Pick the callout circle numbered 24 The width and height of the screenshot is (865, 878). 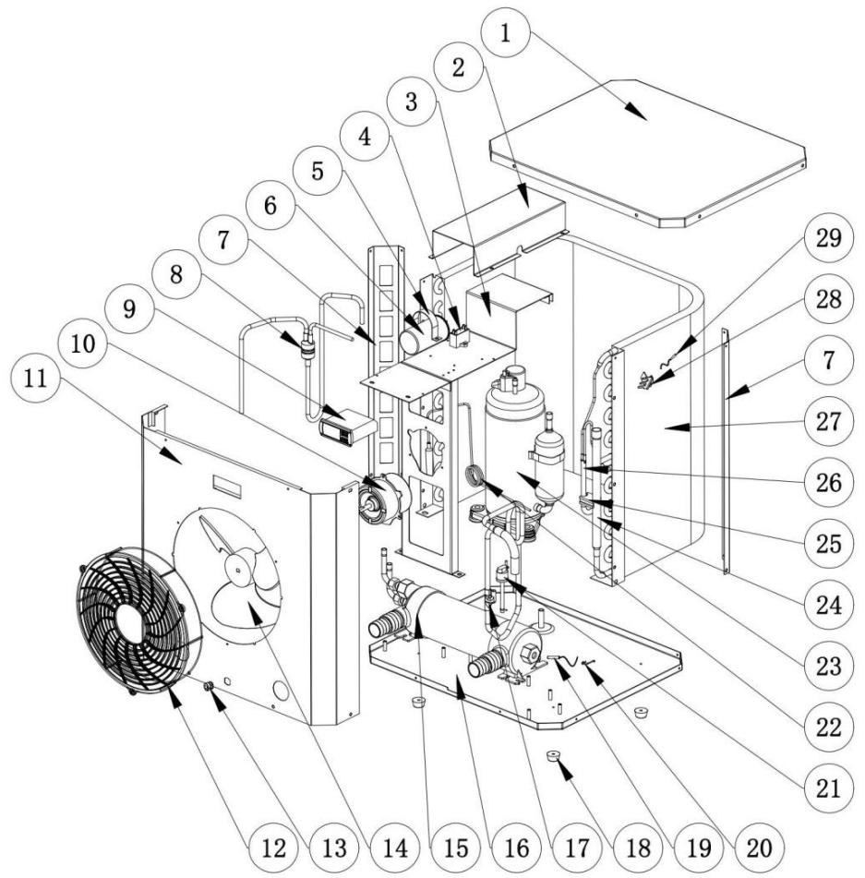[x=806, y=607]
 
